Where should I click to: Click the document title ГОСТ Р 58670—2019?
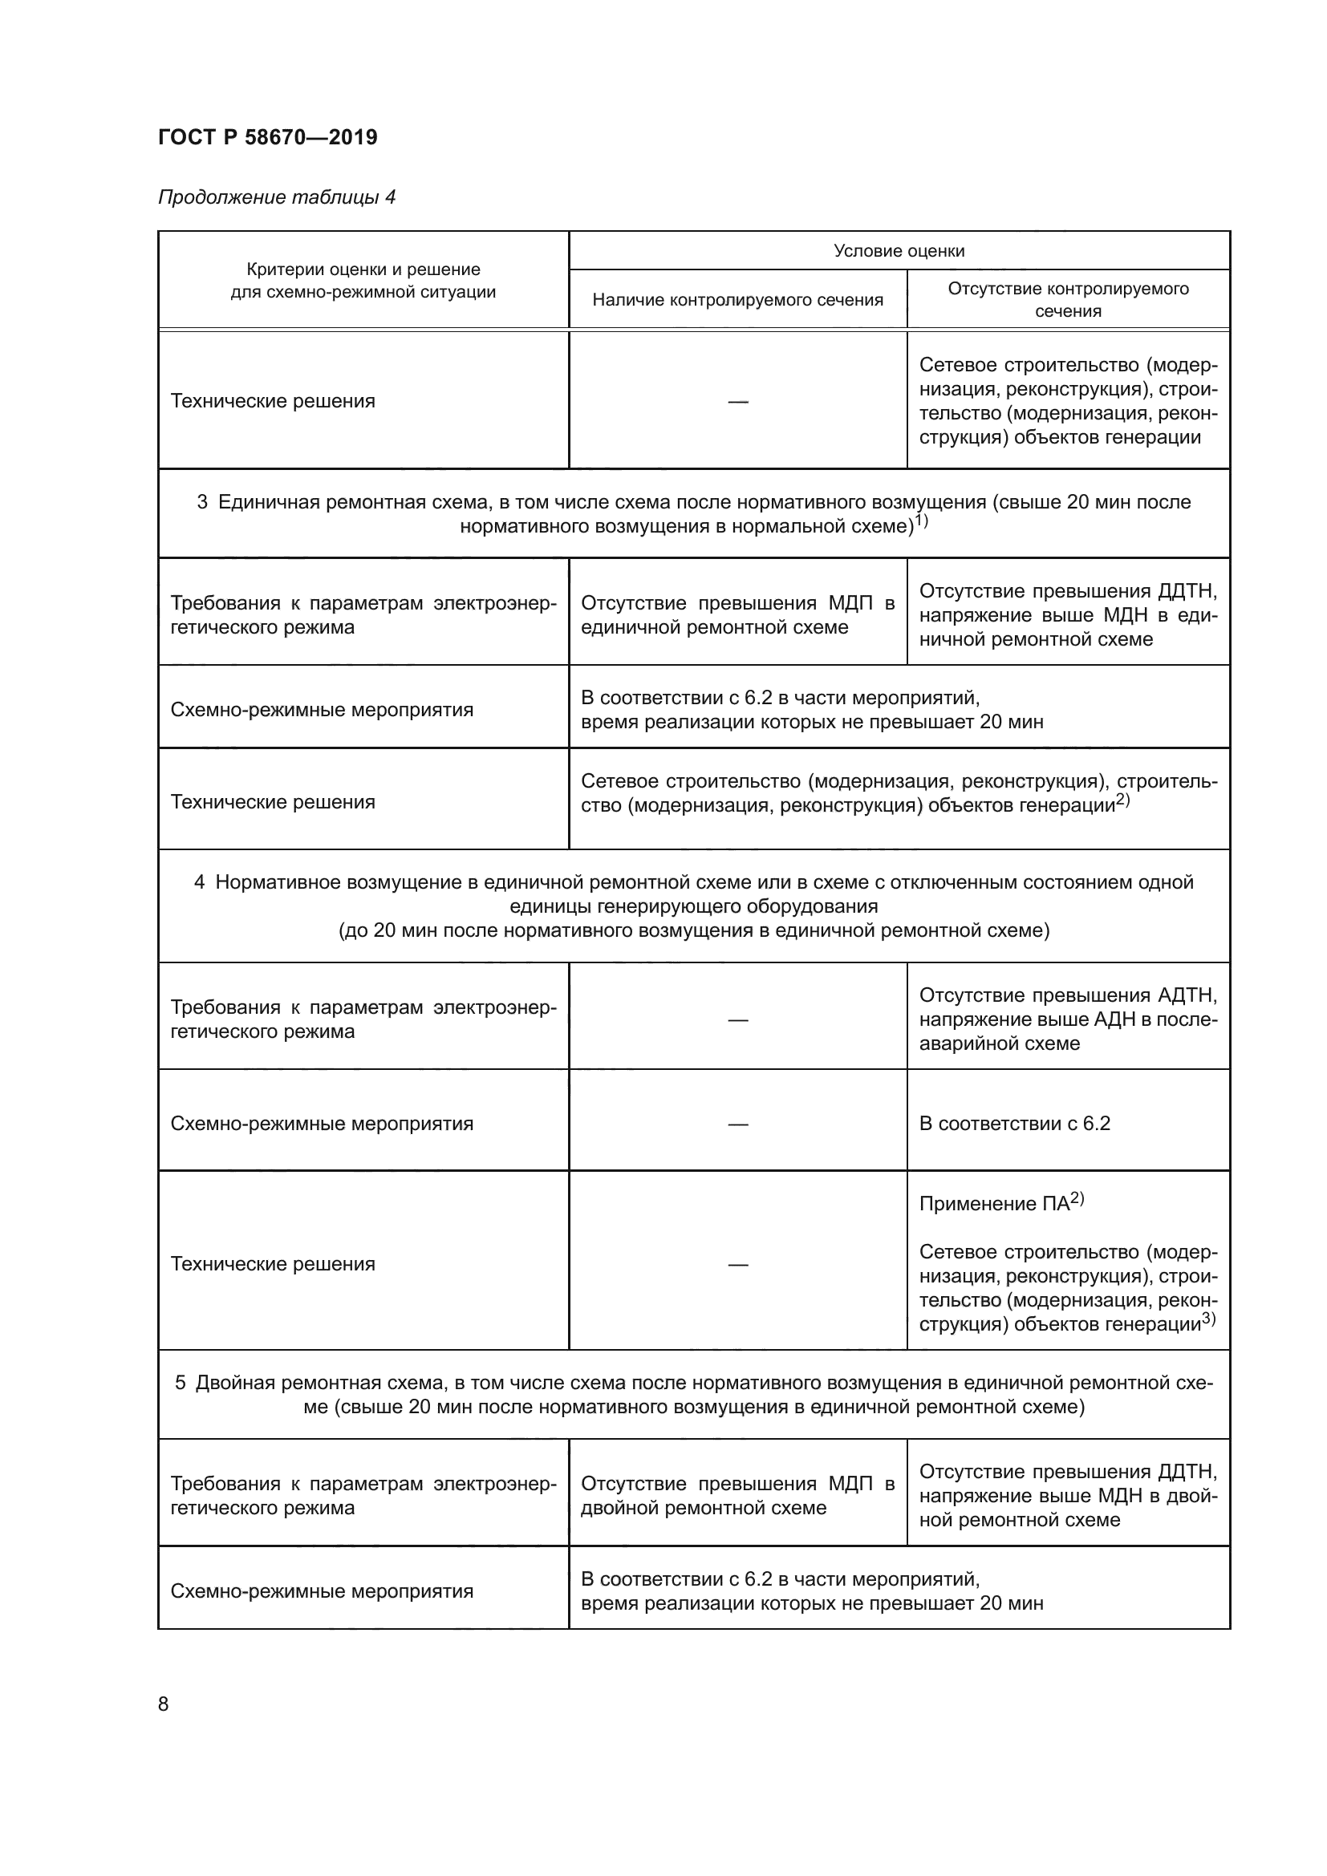[267, 137]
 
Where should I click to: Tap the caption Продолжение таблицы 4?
[276, 197]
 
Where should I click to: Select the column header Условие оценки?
[899, 251]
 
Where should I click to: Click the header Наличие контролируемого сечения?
[737, 300]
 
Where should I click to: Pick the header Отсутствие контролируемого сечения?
[1067, 299]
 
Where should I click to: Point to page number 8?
[164, 1704]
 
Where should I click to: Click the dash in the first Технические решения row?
[737, 401]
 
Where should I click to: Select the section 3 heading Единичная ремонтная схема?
[694, 513]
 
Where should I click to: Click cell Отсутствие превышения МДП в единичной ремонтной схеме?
[737, 614]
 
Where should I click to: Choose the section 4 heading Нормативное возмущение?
[694, 906]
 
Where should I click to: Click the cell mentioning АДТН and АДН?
[1067, 1019]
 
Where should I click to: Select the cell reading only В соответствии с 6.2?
[1014, 1123]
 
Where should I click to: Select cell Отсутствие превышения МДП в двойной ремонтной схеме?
[737, 1495]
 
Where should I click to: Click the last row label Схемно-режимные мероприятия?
[321, 1590]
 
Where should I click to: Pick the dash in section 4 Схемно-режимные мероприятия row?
[737, 1124]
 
